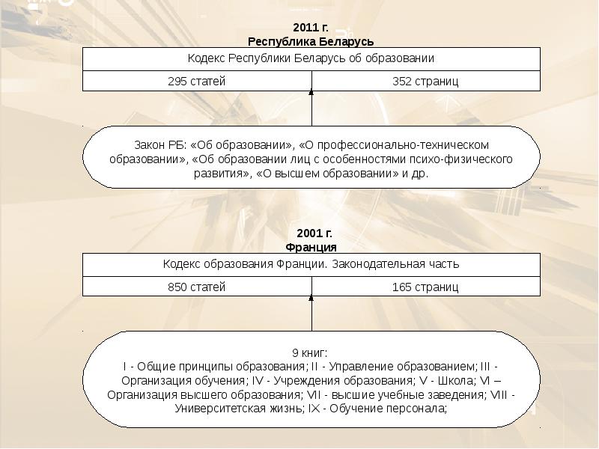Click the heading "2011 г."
[x=311, y=28]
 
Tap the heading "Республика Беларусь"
[x=311, y=41]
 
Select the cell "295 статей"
[x=196, y=81]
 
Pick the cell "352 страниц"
[x=425, y=81]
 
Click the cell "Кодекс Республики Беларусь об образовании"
[x=311, y=58]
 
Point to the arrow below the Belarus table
[x=311, y=105]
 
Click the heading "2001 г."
[x=311, y=234]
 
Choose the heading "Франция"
[x=311, y=247]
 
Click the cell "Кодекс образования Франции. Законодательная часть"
[x=311, y=264]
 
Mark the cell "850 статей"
[x=196, y=287]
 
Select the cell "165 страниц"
[x=425, y=287]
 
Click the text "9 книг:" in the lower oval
[x=310, y=352]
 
